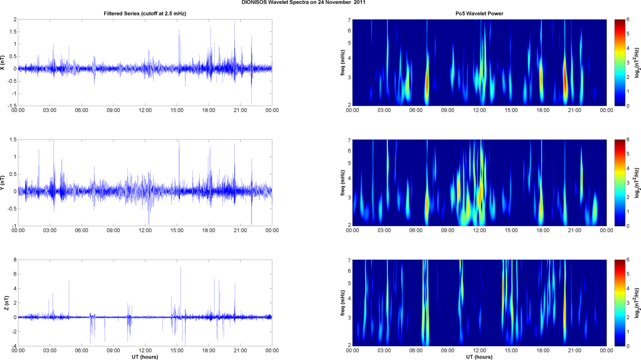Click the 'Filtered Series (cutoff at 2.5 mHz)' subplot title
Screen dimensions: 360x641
click(145, 13)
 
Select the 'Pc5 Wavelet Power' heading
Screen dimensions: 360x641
click(479, 13)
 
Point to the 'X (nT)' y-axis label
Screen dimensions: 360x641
click(3, 62)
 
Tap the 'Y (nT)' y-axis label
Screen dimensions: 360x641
click(3, 183)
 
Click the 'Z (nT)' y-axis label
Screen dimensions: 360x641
click(6, 303)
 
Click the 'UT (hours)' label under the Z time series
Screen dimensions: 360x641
click(145, 357)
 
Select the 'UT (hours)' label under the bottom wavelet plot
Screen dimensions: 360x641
click(479, 357)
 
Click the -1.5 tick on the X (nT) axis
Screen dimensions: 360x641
click(12, 106)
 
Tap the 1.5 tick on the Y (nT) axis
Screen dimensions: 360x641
click(13, 140)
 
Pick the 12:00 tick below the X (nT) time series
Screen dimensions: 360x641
click(145, 110)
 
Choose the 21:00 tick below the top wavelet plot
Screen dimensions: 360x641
click(574, 110)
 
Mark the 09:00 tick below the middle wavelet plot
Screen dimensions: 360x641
click(448, 231)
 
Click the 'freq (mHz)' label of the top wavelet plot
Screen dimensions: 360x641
click(343, 62)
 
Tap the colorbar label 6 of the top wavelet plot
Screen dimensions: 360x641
click(628, 20)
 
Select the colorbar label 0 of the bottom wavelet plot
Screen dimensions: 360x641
click(628, 347)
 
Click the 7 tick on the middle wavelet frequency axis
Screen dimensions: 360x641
click(349, 140)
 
